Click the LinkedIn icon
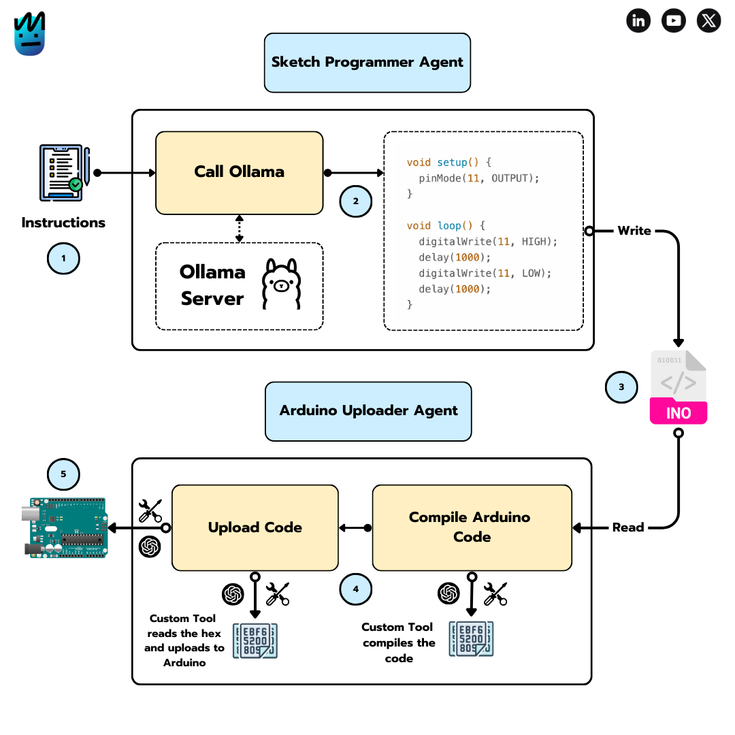pyautogui.click(x=638, y=20)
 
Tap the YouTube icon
pyautogui.click(x=674, y=20)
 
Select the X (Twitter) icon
pyautogui.click(x=709, y=20)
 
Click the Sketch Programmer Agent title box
pyautogui.click(x=367, y=62)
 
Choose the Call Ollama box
pyautogui.click(x=240, y=172)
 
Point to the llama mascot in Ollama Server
pyautogui.click(x=281, y=284)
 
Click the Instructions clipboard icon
pyautogui.click(x=63, y=172)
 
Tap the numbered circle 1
pyautogui.click(x=63, y=259)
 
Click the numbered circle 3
pyautogui.click(x=621, y=387)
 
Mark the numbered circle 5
pyautogui.click(x=63, y=474)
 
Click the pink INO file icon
pyautogui.click(x=679, y=388)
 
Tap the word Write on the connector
pyautogui.click(x=634, y=231)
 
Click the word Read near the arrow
pyautogui.click(x=627, y=527)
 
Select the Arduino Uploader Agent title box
pyautogui.click(x=368, y=410)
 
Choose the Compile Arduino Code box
pyautogui.click(x=472, y=527)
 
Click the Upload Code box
pyautogui.click(x=255, y=527)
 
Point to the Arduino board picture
pyautogui.click(x=67, y=528)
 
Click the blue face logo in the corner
pyautogui.click(x=30, y=33)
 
